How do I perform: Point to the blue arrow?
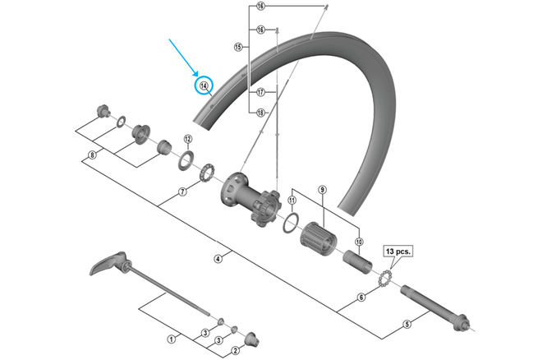(x=183, y=58)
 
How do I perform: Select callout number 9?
(x=323, y=191)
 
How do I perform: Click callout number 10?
(x=359, y=241)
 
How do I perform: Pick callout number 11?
(x=292, y=201)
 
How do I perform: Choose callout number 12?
(x=187, y=139)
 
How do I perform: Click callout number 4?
(x=218, y=259)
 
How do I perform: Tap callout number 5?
(x=407, y=324)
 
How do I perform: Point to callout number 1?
(x=172, y=339)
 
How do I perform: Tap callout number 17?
(x=260, y=92)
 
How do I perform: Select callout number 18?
(x=260, y=113)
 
